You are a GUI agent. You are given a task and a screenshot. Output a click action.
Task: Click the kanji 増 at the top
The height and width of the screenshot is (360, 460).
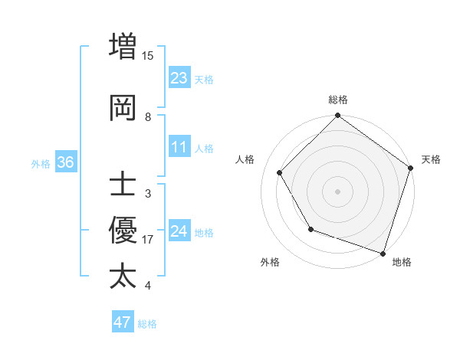[x=123, y=45]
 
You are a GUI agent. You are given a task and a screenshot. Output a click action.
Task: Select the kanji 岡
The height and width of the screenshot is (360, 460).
[x=123, y=108]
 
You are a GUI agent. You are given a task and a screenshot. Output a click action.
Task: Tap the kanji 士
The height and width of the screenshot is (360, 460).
[x=123, y=186]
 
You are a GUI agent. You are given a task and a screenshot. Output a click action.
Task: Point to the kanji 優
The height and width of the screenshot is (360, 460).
[x=123, y=230]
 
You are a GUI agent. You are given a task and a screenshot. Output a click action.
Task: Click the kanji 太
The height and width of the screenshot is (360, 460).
[x=123, y=276]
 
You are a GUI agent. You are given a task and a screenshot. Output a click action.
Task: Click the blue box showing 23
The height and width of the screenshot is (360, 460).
[x=179, y=78]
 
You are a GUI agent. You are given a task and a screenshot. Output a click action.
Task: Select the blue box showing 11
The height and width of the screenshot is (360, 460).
[x=179, y=148]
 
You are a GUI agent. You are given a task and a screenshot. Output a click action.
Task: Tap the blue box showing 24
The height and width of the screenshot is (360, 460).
[x=179, y=231]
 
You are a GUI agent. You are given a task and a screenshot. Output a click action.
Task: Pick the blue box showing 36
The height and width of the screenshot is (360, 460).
[x=65, y=162]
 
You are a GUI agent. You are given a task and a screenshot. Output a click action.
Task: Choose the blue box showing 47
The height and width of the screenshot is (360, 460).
[x=123, y=322]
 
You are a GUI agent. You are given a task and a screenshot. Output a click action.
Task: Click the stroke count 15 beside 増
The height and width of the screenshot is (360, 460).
[x=148, y=55]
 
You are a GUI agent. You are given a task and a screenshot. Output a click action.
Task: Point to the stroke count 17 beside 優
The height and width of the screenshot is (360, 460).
[x=148, y=240]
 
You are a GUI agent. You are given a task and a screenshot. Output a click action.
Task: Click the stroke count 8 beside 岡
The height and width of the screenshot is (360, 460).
[x=148, y=117]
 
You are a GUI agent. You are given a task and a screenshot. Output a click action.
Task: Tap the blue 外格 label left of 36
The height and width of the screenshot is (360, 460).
[x=41, y=163]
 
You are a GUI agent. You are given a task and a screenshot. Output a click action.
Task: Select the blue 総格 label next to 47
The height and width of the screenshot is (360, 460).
[x=147, y=324]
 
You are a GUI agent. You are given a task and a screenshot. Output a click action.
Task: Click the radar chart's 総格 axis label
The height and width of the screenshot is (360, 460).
[x=338, y=100]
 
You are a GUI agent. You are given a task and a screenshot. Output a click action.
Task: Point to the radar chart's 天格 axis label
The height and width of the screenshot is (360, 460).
[x=431, y=159]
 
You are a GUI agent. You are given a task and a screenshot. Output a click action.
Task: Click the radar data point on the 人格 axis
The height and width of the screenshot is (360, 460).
[x=280, y=173]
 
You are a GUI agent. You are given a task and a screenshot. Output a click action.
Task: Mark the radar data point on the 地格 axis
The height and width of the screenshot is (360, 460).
[x=383, y=252]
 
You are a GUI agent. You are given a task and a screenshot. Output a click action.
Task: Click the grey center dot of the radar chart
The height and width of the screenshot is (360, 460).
[x=337, y=191]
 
